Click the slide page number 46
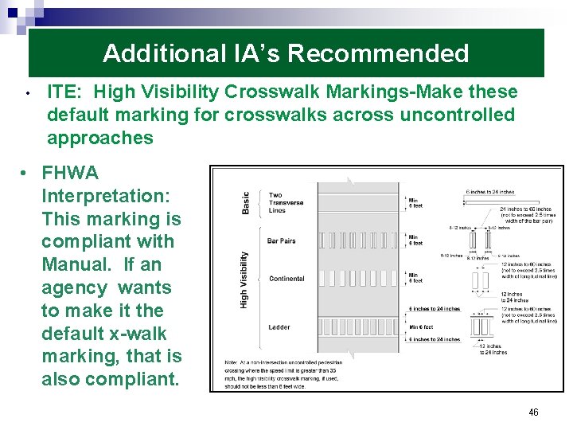pyautogui.click(x=533, y=412)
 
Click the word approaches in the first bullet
pyautogui.click(x=100, y=138)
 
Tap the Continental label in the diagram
pyautogui.click(x=286, y=279)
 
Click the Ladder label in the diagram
pyautogui.click(x=279, y=327)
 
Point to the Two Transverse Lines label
pyautogui.click(x=286, y=202)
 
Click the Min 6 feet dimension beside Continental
pyautogui.click(x=415, y=277)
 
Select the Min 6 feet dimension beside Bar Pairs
pyautogui.click(x=415, y=240)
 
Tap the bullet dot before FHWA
pyautogui.click(x=26, y=173)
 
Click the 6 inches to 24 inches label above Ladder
pyautogui.click(x=435, y=309)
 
